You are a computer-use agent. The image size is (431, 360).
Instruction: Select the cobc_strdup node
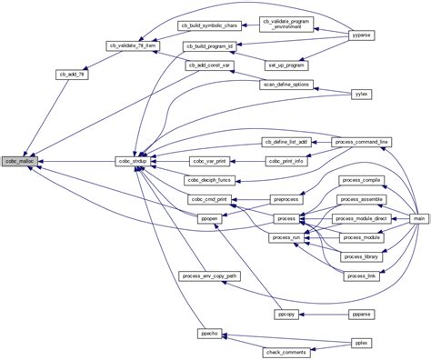click(x=133, y=161)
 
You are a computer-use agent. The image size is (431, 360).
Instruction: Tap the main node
click(x=419, y=219)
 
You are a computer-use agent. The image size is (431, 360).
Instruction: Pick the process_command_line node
click(x=362, y=143)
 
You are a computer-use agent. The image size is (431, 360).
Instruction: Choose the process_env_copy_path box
click(x=209, y=275)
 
